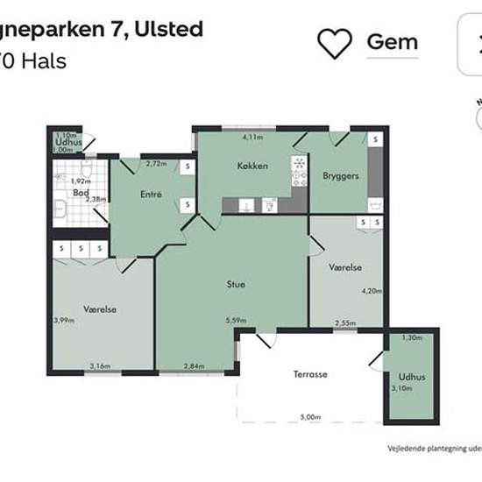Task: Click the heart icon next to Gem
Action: click(x=334, y=42)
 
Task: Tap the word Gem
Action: click(x=392, y=41)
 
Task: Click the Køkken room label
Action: click(x=252, y=166)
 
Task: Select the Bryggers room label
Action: click(x=341, y=176)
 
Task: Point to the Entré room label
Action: click(x=150, y=194)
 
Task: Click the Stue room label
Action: click(x=235, y=284)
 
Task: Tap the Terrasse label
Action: click(x=310, y=374)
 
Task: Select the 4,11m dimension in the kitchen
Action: click(x=253, y=138)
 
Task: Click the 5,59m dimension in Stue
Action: click(x=236, y=321)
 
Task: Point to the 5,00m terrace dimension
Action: click(x=311, y=417)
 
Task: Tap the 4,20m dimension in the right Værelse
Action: click(x=373, y=291)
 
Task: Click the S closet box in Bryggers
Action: click(x=374, y=140)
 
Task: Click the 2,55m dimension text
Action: click(x=344, y=323)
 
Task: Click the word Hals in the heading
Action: click(x=47, y=60)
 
